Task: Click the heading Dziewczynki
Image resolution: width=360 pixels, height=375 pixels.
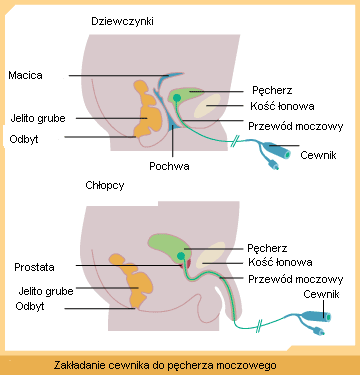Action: pyautogui.click(x=122, y=22)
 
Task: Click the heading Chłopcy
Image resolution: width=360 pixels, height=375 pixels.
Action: pyautogui.click(x=105, y=185)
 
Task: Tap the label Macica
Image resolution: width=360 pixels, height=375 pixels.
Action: pyautogui.click(x=25, y=75)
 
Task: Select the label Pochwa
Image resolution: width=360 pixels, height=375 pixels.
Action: pyautogui.click(x=169, y=166)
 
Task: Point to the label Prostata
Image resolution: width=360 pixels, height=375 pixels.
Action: pyautogui.click(x=34, y=267)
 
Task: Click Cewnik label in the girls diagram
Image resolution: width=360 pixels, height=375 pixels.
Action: pyautogui.click(x=318, y=155)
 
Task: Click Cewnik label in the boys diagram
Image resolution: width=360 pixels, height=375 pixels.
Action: pyautogui.click(x=321, y=294)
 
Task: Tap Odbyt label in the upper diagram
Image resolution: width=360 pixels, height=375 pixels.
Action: pyautogui.click(x=24, y=139)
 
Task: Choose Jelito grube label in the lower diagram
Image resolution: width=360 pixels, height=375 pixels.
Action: pyautogui.click(x=46, y=291)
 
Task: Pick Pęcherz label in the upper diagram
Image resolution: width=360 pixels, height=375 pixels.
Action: pyautogui.click(x=272, y=90)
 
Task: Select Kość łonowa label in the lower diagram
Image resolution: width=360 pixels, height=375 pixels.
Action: pyautogui.click(x=280, y=262)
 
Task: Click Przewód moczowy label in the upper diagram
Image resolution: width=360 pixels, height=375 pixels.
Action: pyautogui.click(x=296, y=126)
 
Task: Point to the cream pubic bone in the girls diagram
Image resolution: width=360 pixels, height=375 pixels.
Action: pyautogui.click(x=207, y=106)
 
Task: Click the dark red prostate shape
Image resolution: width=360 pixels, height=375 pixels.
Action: pyautogui.click(x=189, y=263)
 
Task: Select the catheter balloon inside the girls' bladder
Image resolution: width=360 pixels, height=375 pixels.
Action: pyautogui.click(x=177, y=98)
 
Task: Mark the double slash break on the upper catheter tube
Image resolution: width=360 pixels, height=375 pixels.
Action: pyautogui.click(x=236, y=141)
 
